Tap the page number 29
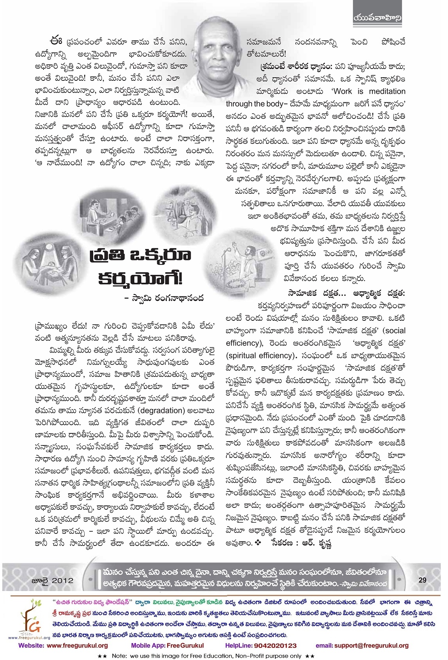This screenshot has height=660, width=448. (x=422, y=580)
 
